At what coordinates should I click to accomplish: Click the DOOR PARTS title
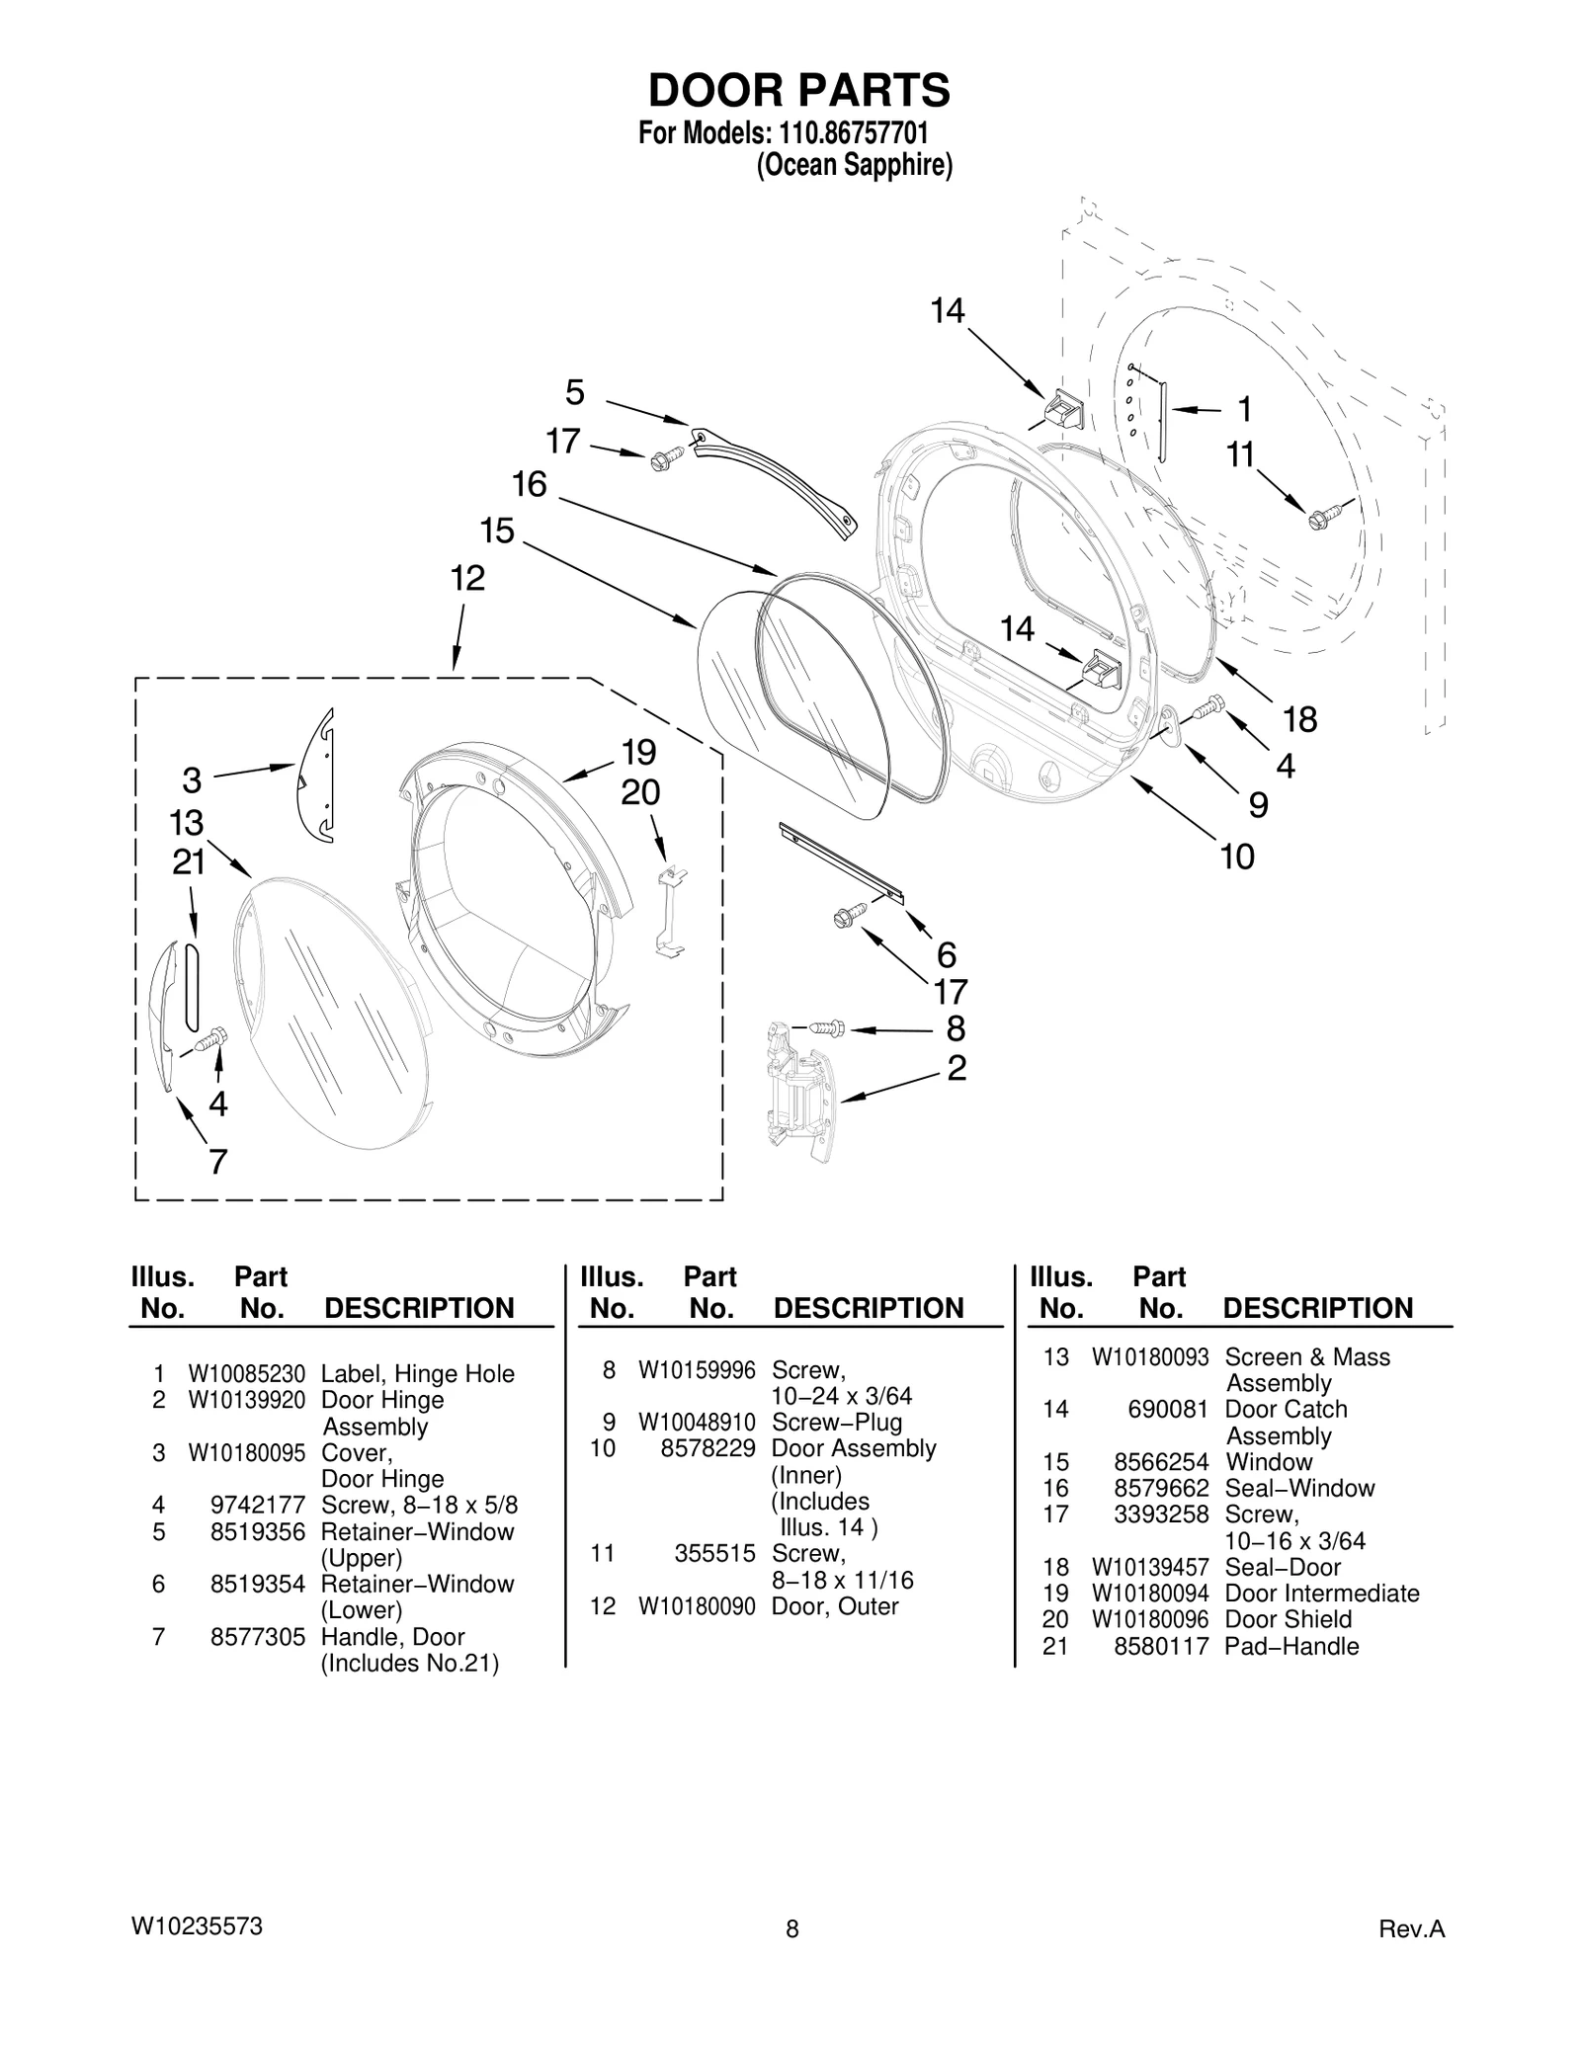[x=798, y=90]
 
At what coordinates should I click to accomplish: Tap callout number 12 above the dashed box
[x=467, y=578]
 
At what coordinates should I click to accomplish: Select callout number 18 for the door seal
[x=1299, y=719]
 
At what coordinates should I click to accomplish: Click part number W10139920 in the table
[x=247, y=1400]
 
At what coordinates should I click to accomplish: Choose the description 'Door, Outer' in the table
[x=835, y=1606]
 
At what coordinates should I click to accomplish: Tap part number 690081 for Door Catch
[x=1168, y=1409]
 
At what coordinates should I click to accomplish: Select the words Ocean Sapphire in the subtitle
[x=854, y=166]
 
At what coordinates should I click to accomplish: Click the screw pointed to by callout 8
[x=827, y=1027]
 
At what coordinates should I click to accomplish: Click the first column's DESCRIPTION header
[x=419, y=1308]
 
